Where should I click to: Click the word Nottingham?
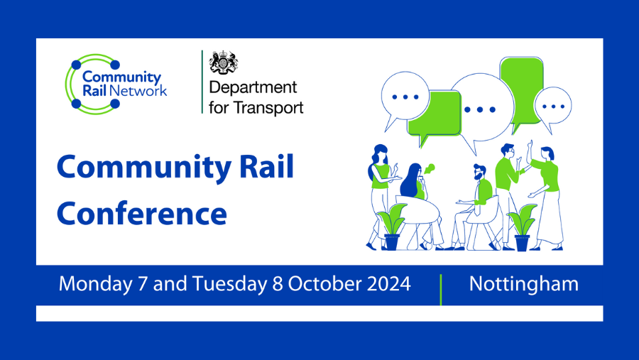tap(524, 284)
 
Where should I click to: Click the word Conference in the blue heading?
tap(142, 212)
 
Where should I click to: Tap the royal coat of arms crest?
tap(224, 63)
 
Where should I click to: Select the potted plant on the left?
tap(391, 227)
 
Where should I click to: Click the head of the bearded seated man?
tap(481, 173)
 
